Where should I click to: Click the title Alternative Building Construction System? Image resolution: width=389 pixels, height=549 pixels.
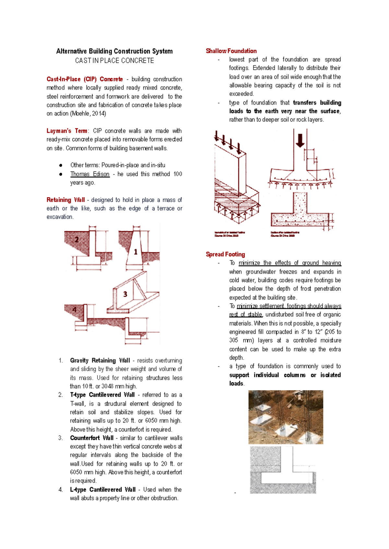click(114, 51)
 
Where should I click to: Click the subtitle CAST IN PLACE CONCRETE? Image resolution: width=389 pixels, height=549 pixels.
click(114, 61)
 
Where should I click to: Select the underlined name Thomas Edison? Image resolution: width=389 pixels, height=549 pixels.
click(90, 174)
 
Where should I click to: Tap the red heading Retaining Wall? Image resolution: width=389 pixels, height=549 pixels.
click(65, 200)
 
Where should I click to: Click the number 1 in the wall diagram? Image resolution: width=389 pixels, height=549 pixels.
click(136, 252)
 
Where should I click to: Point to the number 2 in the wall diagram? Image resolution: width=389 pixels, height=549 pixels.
click(77, 240)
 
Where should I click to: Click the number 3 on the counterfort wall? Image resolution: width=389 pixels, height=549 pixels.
click(125, 294)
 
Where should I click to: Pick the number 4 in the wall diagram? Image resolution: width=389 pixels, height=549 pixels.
click(75, 310)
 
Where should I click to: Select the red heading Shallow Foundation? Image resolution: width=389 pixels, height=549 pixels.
click(231, 51)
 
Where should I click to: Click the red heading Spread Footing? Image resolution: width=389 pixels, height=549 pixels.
click(225, 254)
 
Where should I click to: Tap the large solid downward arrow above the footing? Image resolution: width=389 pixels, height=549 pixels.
click(300, 140)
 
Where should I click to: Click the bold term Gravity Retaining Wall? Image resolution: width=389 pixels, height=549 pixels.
click(100, 360)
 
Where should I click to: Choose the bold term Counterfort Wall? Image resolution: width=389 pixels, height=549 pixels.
click(92, 438)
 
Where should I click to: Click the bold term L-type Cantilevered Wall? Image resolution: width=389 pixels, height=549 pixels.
click(103, 489)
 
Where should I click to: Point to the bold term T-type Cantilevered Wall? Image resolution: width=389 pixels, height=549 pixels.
click(102, 395)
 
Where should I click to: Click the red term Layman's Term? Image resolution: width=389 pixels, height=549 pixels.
click(67, 131)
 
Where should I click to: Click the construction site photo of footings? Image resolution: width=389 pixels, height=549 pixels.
click(286, 417)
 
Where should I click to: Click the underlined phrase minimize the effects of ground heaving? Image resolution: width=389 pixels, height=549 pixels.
click(289, 263)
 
